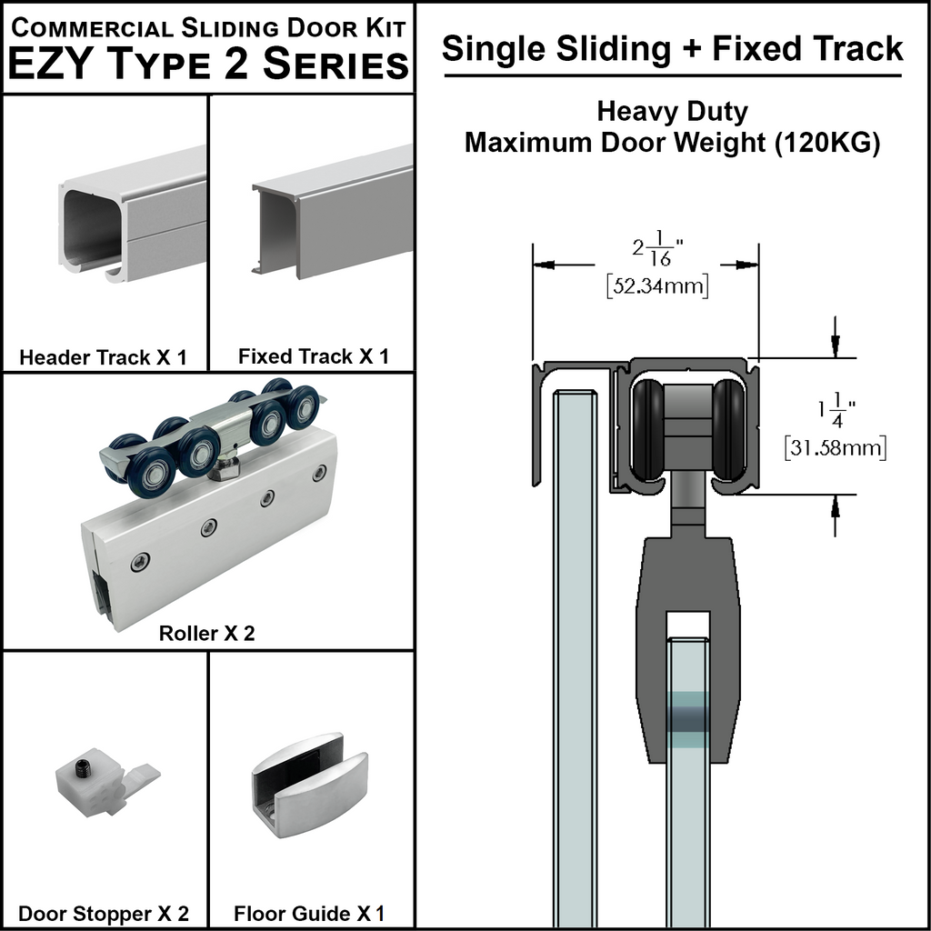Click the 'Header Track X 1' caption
(103, 357)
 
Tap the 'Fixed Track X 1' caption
(314, 356)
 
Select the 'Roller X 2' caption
(207, 633)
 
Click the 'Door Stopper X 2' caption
(105, 913)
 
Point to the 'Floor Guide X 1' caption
(310, 913)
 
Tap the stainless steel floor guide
(308, 785)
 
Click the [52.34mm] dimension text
(656, 286)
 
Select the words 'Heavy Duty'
(673, 112)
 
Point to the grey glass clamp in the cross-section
(687, 582)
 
